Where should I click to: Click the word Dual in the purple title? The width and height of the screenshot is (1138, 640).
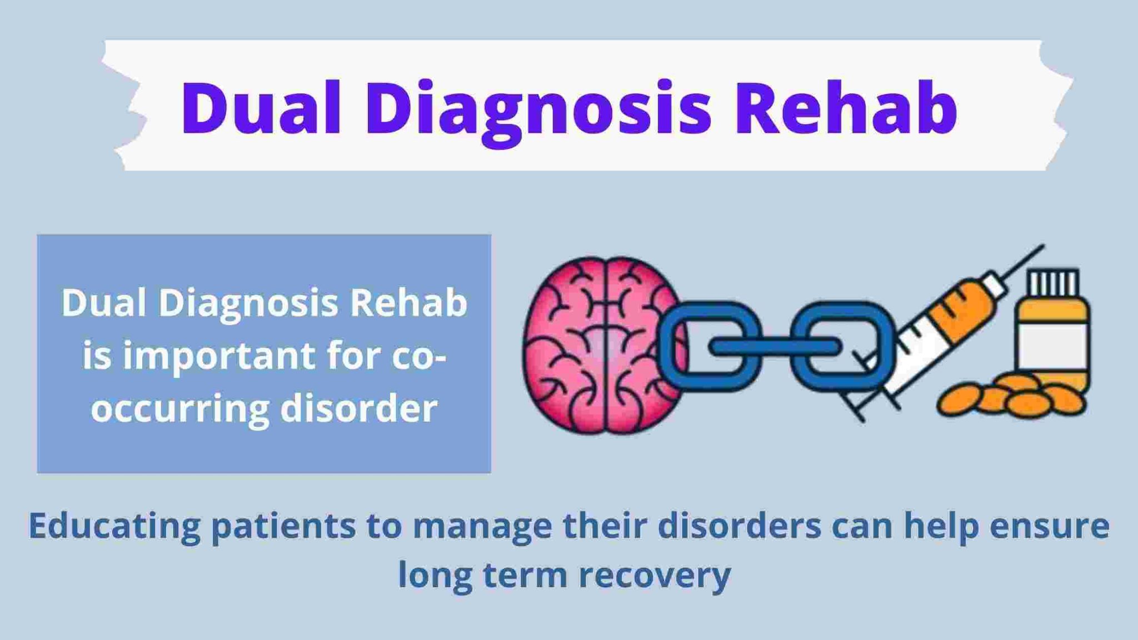click(x=261, y=108)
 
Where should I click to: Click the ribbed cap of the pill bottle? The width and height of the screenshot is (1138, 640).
click(x=1054, y=283)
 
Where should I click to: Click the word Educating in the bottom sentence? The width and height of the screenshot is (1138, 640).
click(x=114, y=527)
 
